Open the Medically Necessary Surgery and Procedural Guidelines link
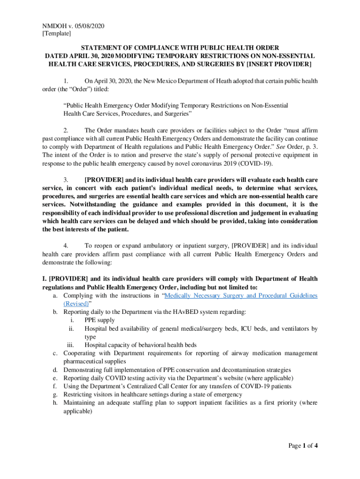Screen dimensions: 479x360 pyautogui.click(x=241, y=296)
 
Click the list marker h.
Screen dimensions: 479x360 pyautogui.click(x=55, y=403)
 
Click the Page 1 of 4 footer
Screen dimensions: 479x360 pyautogui.click(x=303, y=446)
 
